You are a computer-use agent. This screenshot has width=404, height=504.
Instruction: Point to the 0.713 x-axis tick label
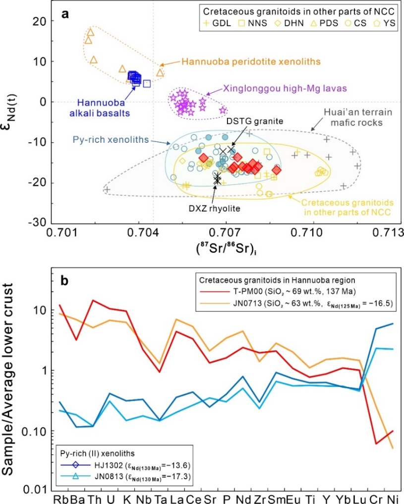click(x=387, y=232)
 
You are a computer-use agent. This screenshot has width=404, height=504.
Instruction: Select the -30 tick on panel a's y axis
click(x=36, y=221)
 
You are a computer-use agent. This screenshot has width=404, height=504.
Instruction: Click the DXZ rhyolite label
click(x=220, y=209)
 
